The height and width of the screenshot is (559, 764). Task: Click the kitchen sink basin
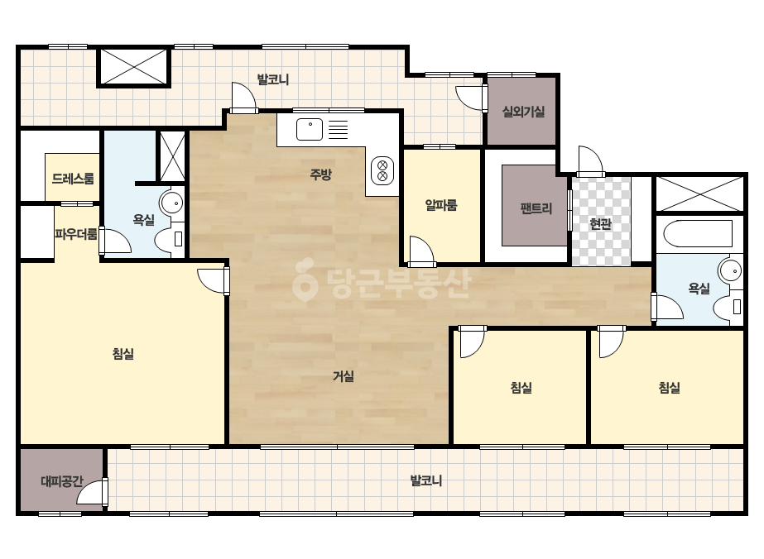tap(310, 129)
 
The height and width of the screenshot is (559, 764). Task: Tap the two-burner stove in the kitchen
tap(382, 170)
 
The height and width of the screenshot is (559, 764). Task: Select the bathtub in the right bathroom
tap(699, 234)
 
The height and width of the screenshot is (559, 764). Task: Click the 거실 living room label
tap(344, 376)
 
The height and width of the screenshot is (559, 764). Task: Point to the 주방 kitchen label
tap(321, 174)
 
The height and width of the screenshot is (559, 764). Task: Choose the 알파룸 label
tap(441, 205)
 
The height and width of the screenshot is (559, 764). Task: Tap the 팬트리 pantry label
tap(536, 208)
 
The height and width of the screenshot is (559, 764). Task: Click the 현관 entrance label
tap(600, 224)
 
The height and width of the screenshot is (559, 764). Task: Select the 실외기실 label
tap(523, 112)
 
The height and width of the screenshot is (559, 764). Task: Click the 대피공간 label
tap(62, 481)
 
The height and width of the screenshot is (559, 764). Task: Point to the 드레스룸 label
tap(73, 179)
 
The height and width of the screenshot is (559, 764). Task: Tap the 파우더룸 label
tap(76, 235)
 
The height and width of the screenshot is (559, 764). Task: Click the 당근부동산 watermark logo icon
tap(305, 280)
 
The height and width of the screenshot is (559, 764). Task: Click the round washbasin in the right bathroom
tap(729, 270)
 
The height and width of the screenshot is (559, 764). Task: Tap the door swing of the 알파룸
tap(421, 251)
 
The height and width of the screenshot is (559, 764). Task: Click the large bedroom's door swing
tap(214, 281)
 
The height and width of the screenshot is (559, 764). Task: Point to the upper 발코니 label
tap(273, 79)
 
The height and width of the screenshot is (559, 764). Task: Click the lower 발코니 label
tap(425, 481)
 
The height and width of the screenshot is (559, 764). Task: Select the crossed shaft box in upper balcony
tap(134, 67)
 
